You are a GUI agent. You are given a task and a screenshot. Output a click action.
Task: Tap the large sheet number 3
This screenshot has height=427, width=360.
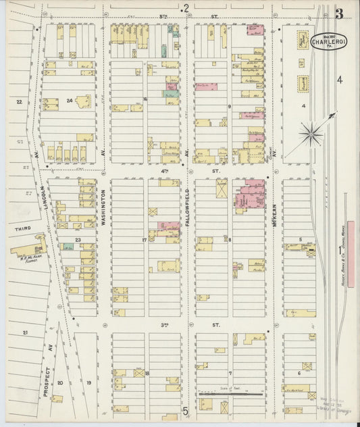click(338, 14)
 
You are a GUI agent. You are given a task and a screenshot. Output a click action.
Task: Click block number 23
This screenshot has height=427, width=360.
click(78, 239)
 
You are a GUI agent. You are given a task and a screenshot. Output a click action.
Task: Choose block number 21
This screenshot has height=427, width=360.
click(26, 333)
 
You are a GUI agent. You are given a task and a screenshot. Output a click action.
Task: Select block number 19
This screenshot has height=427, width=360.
click(88, 382)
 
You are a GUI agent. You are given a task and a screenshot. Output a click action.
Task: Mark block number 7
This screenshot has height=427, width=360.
click(230, 373)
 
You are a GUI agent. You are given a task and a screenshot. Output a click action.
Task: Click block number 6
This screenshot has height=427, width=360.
click(299, 372)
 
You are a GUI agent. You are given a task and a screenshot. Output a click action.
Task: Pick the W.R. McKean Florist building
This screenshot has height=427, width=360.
click(30, 247)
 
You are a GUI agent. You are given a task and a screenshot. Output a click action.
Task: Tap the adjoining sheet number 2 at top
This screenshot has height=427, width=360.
click(186, 7)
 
